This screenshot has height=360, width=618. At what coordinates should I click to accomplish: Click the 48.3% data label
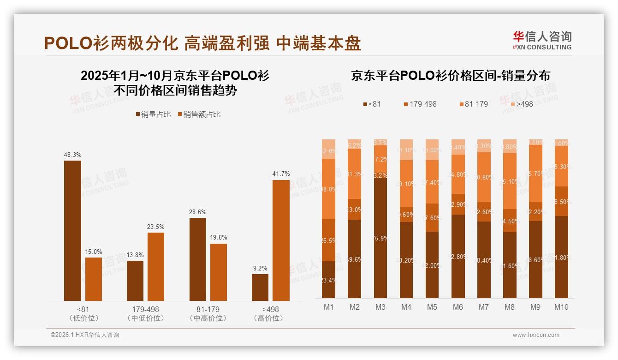click(x=72, y=155)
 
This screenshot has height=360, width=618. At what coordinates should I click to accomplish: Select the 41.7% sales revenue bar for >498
click(x=281, y=240)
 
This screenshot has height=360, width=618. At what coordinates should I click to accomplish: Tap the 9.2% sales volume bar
click(x=260, y=288)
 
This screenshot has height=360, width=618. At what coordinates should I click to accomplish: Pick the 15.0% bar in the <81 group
click(x=94, y=279)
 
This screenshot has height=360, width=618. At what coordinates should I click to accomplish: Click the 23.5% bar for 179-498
click(x=156, y=267)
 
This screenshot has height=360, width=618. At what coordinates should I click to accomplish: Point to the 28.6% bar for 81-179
click(x=197, y=259)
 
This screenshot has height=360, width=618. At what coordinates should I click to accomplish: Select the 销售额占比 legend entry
click(x=199, y=114)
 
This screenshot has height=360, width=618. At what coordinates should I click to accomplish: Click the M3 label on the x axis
click(x=380, y=307)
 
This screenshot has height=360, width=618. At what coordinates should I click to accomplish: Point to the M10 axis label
click(x=561, y=307)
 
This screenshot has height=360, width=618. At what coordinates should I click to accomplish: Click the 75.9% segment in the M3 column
click(x=380, y=238)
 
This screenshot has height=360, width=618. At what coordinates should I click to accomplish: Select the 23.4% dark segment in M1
click(x=329, y=280)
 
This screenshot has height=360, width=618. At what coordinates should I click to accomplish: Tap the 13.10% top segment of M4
click(x=406, y=150)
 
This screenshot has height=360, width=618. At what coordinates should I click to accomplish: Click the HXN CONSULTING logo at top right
click(x=542, y=40)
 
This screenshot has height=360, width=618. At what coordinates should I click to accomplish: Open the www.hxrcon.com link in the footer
click(x=536, y=335)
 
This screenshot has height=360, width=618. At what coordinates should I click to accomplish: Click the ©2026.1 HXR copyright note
click(x=85, y=335)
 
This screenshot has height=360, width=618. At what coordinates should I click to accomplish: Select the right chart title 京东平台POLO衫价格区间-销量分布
click(x=451, y=76)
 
